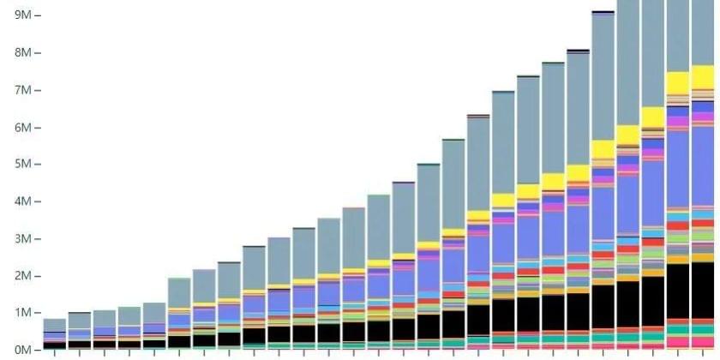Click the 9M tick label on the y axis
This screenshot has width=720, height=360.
[22, 15]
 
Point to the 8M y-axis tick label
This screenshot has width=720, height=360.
[22, 52]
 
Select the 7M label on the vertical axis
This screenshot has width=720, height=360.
[22, 90]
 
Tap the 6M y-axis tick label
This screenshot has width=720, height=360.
[22, 127]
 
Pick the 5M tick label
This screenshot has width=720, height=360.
[22, 164]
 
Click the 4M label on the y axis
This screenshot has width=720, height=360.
[22, 201]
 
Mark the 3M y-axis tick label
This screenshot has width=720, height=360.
[22, 238]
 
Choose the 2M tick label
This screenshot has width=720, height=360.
[22, 276]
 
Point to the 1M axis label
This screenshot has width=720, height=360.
[22, 313]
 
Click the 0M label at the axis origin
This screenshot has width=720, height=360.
[22, 350]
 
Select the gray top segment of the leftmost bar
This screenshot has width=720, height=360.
[54, 325]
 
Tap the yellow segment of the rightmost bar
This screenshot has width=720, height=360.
[703, 76]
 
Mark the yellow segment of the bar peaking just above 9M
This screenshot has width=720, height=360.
[603, 148]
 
